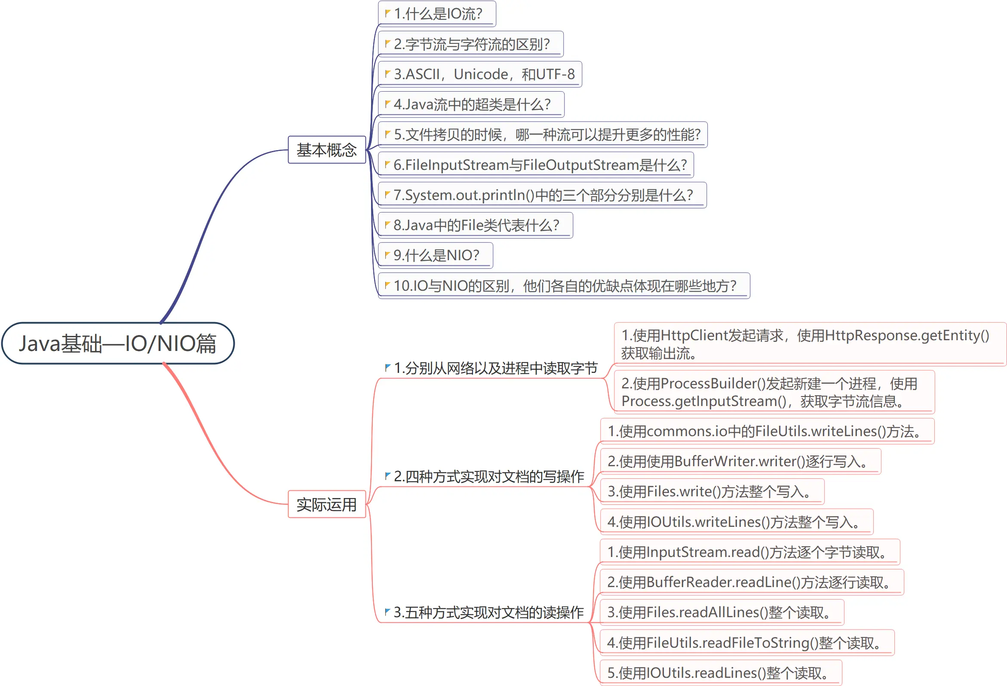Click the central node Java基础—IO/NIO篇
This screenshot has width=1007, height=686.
pos(118,343)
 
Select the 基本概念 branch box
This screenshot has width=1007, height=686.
pos(327,150)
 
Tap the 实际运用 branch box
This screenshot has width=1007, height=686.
pos(327,505)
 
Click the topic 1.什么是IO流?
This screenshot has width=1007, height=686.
pos(438,14)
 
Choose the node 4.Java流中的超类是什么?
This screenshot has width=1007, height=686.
pos(472,105)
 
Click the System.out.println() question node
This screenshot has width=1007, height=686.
pos(543,195)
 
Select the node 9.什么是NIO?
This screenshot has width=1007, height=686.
pos(436,255)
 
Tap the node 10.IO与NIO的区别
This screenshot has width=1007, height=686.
pos(565,286)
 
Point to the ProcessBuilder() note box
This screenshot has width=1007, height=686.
pos(774,392)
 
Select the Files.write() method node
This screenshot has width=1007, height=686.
pos(711,492)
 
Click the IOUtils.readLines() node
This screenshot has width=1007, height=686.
pos(720,673)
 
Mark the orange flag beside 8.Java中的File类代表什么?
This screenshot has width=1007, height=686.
pos(387,225)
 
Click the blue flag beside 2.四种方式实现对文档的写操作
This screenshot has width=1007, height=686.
pos(387,475)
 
